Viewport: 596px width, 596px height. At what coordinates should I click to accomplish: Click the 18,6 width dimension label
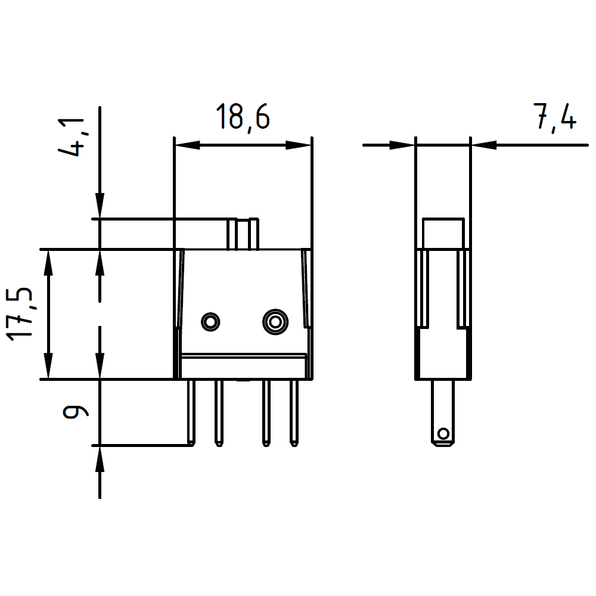click(x=243, y=117)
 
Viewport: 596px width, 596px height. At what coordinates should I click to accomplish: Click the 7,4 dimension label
click(x=555, y=117)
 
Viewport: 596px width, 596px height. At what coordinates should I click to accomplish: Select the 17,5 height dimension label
click(x=20, y=314)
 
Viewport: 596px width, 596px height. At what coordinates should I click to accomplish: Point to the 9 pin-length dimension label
click(x=75, y=412)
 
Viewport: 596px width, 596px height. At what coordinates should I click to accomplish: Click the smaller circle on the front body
click(x=210, y=322)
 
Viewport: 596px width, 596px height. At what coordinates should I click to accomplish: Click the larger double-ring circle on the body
click(x=275, y=322)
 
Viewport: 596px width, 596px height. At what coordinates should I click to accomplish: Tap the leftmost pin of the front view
click(x=191, y=412)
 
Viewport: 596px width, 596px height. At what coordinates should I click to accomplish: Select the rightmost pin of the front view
click(x=294, y=412)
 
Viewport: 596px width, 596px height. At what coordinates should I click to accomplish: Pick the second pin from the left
click(x=219, y=412)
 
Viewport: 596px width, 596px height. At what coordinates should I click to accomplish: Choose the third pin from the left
click(x=266, y=412)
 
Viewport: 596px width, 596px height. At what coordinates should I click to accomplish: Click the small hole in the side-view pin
click(x=443, y=433)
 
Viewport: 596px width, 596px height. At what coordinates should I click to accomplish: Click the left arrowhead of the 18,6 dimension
click(x=187, y=145)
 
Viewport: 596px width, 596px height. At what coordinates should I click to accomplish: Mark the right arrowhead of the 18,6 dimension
click(x=299, y=145)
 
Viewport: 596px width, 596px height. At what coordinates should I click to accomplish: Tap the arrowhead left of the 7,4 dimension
click(x=402, y=145)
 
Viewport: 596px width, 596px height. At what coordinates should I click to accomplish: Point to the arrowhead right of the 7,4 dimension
click(x=483, y=145)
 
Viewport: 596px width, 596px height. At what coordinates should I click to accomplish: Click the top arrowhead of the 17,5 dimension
click(x=48, y=263)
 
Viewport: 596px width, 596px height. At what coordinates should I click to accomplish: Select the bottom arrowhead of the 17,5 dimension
click(x=48, y=366)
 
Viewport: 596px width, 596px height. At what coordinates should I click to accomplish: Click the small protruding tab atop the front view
click(x=243, y=234)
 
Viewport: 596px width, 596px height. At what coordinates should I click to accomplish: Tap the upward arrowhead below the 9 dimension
click(x=100, y=458)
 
